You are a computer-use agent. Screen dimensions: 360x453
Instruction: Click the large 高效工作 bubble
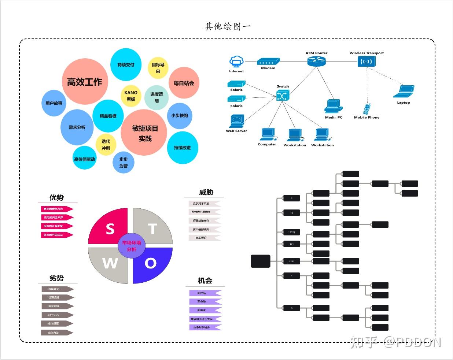(x=85, y=82)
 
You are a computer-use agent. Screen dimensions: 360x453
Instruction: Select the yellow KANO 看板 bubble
(x=131, y=96)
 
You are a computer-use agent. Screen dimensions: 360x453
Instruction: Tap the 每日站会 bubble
(x=184, y=83)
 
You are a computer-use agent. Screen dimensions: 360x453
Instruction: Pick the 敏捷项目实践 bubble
(x=144, y=133)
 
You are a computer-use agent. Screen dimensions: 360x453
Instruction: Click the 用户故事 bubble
(x=54, y=103)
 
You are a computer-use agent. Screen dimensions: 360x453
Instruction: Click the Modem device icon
(x=268, y=62)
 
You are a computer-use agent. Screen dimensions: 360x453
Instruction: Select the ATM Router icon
(x=316, y=61)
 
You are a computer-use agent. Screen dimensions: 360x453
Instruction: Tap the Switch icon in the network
(x=283, y=95)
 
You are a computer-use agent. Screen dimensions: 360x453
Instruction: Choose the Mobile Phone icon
(x=367, y=109)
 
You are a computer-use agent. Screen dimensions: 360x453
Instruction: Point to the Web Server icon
(x=237, y=121)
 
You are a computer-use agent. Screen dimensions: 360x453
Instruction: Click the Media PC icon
(x=333, y=106)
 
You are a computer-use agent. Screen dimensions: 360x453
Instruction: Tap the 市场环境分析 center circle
(x=131, y=246)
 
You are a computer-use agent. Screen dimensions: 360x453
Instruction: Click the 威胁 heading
(x=206, y=192)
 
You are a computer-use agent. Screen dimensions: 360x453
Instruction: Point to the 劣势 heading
(x=56, y=278)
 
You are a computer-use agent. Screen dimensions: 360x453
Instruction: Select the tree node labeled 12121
(x=292, y=232)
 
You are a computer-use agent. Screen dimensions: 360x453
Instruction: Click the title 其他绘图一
(x=228, y=26)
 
